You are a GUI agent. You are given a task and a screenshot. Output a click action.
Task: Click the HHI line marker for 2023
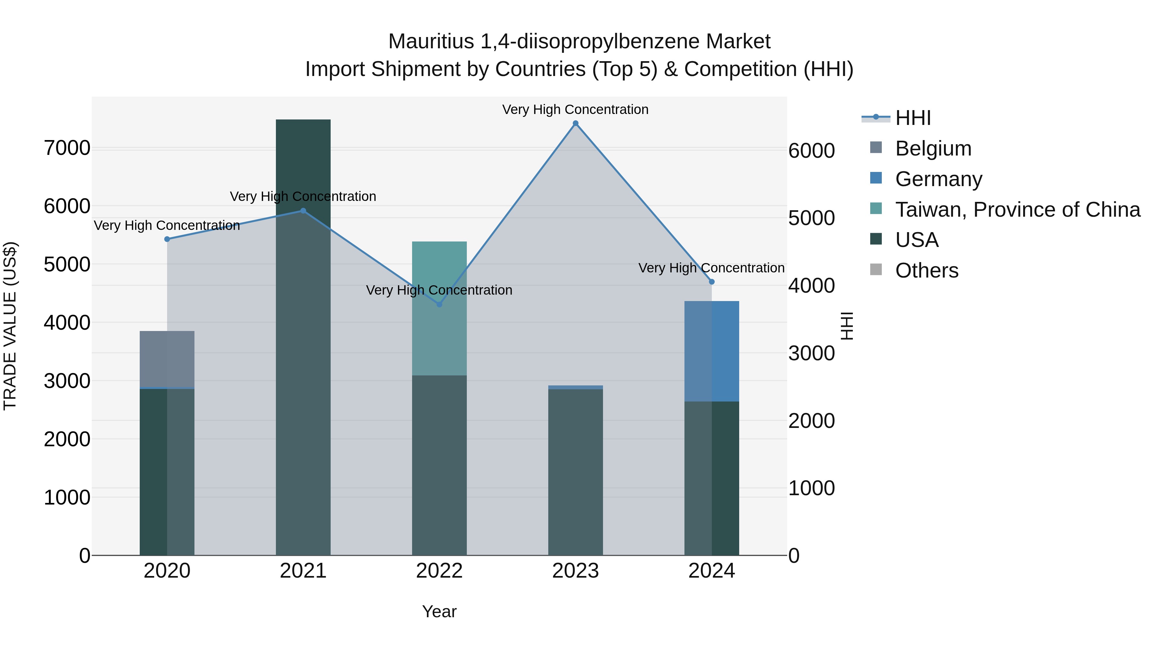click(x=575, y=123)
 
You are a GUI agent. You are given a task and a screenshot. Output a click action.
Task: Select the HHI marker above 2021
click(x=303, y=211)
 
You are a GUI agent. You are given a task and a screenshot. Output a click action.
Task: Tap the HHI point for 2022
click(x=439, y=305)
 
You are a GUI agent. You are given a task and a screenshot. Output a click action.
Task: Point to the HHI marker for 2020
click(x=167, y=239)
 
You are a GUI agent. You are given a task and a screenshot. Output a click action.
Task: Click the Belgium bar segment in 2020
click(x=167, y=359)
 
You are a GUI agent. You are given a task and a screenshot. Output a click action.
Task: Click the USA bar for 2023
click(x=575, y=472)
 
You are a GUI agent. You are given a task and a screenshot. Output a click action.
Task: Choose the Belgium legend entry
click(x=933, y=148)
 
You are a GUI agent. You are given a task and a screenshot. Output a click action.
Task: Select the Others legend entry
click(x=926, y=271)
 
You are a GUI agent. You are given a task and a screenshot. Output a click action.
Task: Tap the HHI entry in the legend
click(x=913, y=118)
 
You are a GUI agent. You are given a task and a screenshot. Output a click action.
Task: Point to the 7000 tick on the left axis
click(x=67, y=148)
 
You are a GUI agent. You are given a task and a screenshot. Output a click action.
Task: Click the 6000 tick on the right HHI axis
click(x=812, y=151)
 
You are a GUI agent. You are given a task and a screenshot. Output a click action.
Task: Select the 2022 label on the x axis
click(x=439, y=571)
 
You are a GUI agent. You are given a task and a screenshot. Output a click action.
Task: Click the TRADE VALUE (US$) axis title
click(x=10, y=326)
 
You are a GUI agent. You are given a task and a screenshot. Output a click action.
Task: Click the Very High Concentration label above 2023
click(x=575, y=110)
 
